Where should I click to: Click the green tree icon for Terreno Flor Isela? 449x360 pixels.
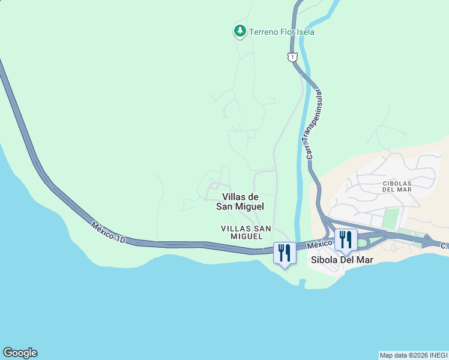point(240,31)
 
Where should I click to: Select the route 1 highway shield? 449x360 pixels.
point(292,57)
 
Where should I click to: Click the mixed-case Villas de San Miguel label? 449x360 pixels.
point(240,201)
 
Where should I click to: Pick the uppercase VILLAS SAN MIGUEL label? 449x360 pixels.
point(246,232)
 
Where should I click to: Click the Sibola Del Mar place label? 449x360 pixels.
point(342,260)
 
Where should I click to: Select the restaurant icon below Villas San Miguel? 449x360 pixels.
point(284,252)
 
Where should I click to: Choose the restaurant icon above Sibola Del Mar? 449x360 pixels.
point(345,239)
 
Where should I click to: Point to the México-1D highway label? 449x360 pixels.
point(109,232)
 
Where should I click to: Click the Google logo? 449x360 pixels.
point(20,353)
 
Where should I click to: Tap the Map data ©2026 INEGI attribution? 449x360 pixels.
point(414,355)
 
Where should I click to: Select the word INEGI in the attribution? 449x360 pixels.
point(438,355)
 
